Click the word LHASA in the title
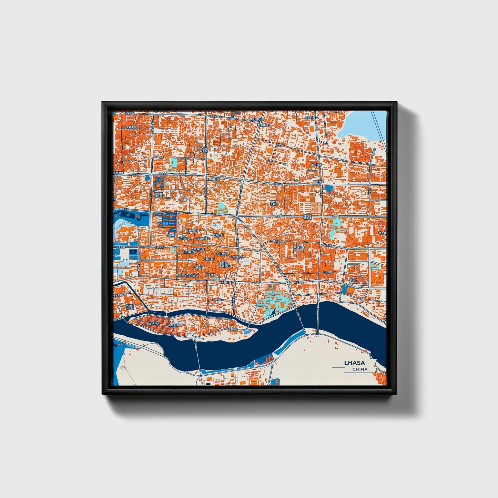354,363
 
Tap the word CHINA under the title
360,369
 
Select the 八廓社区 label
208,259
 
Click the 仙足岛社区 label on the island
153,324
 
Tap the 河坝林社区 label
227,283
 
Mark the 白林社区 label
193,276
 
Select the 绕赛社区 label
211,275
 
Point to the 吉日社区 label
222,254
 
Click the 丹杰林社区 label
189,252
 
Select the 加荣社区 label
316,165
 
